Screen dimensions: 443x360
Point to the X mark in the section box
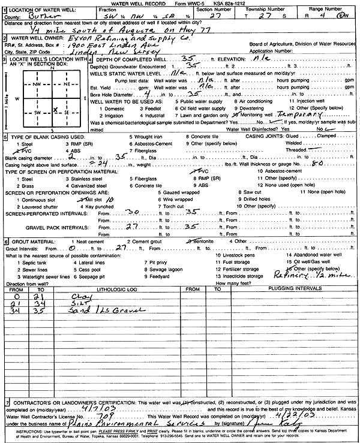coord(55,110)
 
